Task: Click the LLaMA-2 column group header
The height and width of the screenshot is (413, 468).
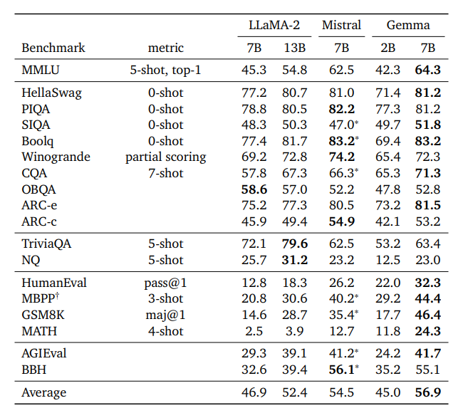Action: coord(274,25)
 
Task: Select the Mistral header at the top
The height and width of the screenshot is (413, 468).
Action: coord(341,25)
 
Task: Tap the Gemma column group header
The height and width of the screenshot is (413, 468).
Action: coord(408,25)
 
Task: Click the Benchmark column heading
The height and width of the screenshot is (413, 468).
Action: coord(53,48)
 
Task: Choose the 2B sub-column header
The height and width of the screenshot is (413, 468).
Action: coord(388,48)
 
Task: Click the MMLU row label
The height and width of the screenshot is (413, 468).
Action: coord(40,70)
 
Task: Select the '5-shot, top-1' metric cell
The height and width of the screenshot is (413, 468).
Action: coord(165,70)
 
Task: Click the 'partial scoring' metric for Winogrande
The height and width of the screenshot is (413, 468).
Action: coord(165,157)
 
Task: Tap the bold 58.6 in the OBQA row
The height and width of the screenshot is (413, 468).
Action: coord(254,189)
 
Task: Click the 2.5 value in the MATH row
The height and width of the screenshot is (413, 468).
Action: coord(254,331)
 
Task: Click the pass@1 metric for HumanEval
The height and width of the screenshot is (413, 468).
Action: coord(165,283)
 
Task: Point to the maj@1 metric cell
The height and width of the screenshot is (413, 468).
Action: coord(165,315)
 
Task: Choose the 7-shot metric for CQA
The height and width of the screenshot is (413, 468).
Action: coord(165,173)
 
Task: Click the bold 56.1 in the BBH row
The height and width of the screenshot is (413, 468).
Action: coord(341,369)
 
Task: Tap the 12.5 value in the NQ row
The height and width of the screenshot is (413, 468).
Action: coord(388,260)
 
